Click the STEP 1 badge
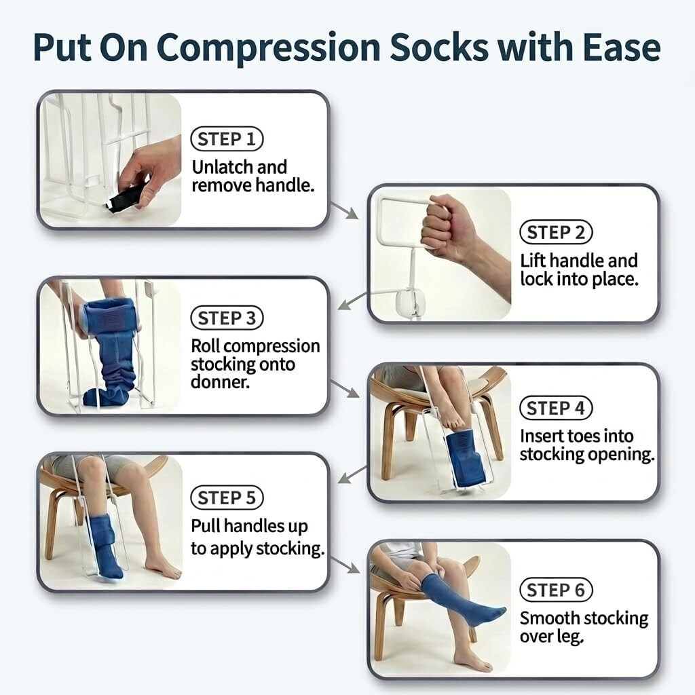[227, 139]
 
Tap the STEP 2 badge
[556, 232]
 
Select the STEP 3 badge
[227, 318]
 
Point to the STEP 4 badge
[556, 408]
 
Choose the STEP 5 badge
[227, 497]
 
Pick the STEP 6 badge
[556, 590]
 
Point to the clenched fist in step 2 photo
[448, 227]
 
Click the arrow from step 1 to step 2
[344, 210]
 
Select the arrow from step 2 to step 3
[352, 301]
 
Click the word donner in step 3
[220, 382]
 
